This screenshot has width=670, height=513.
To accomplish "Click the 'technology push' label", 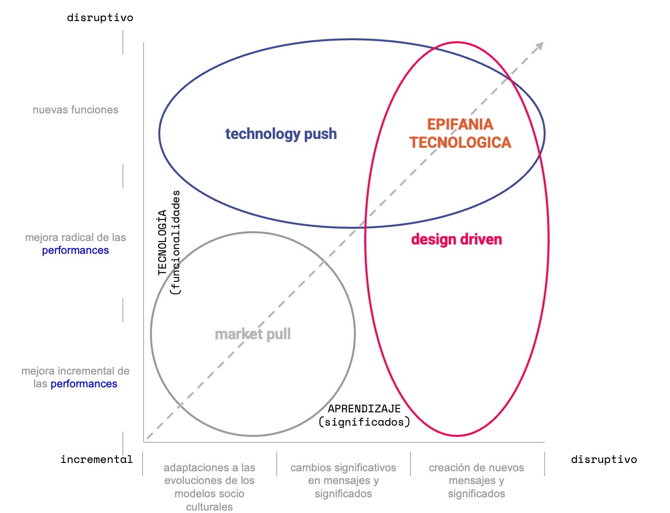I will pos(281,134).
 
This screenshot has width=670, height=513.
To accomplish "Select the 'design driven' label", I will pos(456,240).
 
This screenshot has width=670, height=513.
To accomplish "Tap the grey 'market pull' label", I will pos(253,334).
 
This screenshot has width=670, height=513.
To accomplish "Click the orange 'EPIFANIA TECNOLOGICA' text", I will pos(460,133).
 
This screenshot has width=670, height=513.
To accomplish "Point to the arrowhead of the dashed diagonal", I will pos(540,46).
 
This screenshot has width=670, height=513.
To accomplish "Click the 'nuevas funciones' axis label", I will pos(75,110).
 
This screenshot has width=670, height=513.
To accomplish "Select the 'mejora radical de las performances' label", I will pos(75,244).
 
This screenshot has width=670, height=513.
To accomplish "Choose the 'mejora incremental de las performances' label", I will pos(75,378).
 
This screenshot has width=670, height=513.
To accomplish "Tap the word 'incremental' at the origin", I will pos(96,459).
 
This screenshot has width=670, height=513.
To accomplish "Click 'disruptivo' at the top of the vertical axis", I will pos(100,18).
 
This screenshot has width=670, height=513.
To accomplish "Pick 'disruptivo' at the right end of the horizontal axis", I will pos(604,459).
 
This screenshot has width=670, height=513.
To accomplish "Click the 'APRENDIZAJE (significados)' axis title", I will pos(364,415).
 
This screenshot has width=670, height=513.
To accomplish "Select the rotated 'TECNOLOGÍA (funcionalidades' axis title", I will pos(169,243).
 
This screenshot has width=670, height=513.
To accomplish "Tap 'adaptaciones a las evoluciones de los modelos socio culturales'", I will pos(209,487).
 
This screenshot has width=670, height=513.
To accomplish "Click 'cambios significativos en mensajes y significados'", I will pos(343,481).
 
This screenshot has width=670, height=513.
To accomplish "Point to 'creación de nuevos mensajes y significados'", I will pos(476,481).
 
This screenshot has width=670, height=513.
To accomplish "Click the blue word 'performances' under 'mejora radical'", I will pos(75,250).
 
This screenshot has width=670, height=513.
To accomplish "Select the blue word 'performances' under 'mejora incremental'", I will pos(84,384).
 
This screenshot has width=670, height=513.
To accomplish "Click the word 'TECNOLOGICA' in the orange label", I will pos(460,142).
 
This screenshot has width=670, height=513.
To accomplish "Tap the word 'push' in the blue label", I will pos(320,134).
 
